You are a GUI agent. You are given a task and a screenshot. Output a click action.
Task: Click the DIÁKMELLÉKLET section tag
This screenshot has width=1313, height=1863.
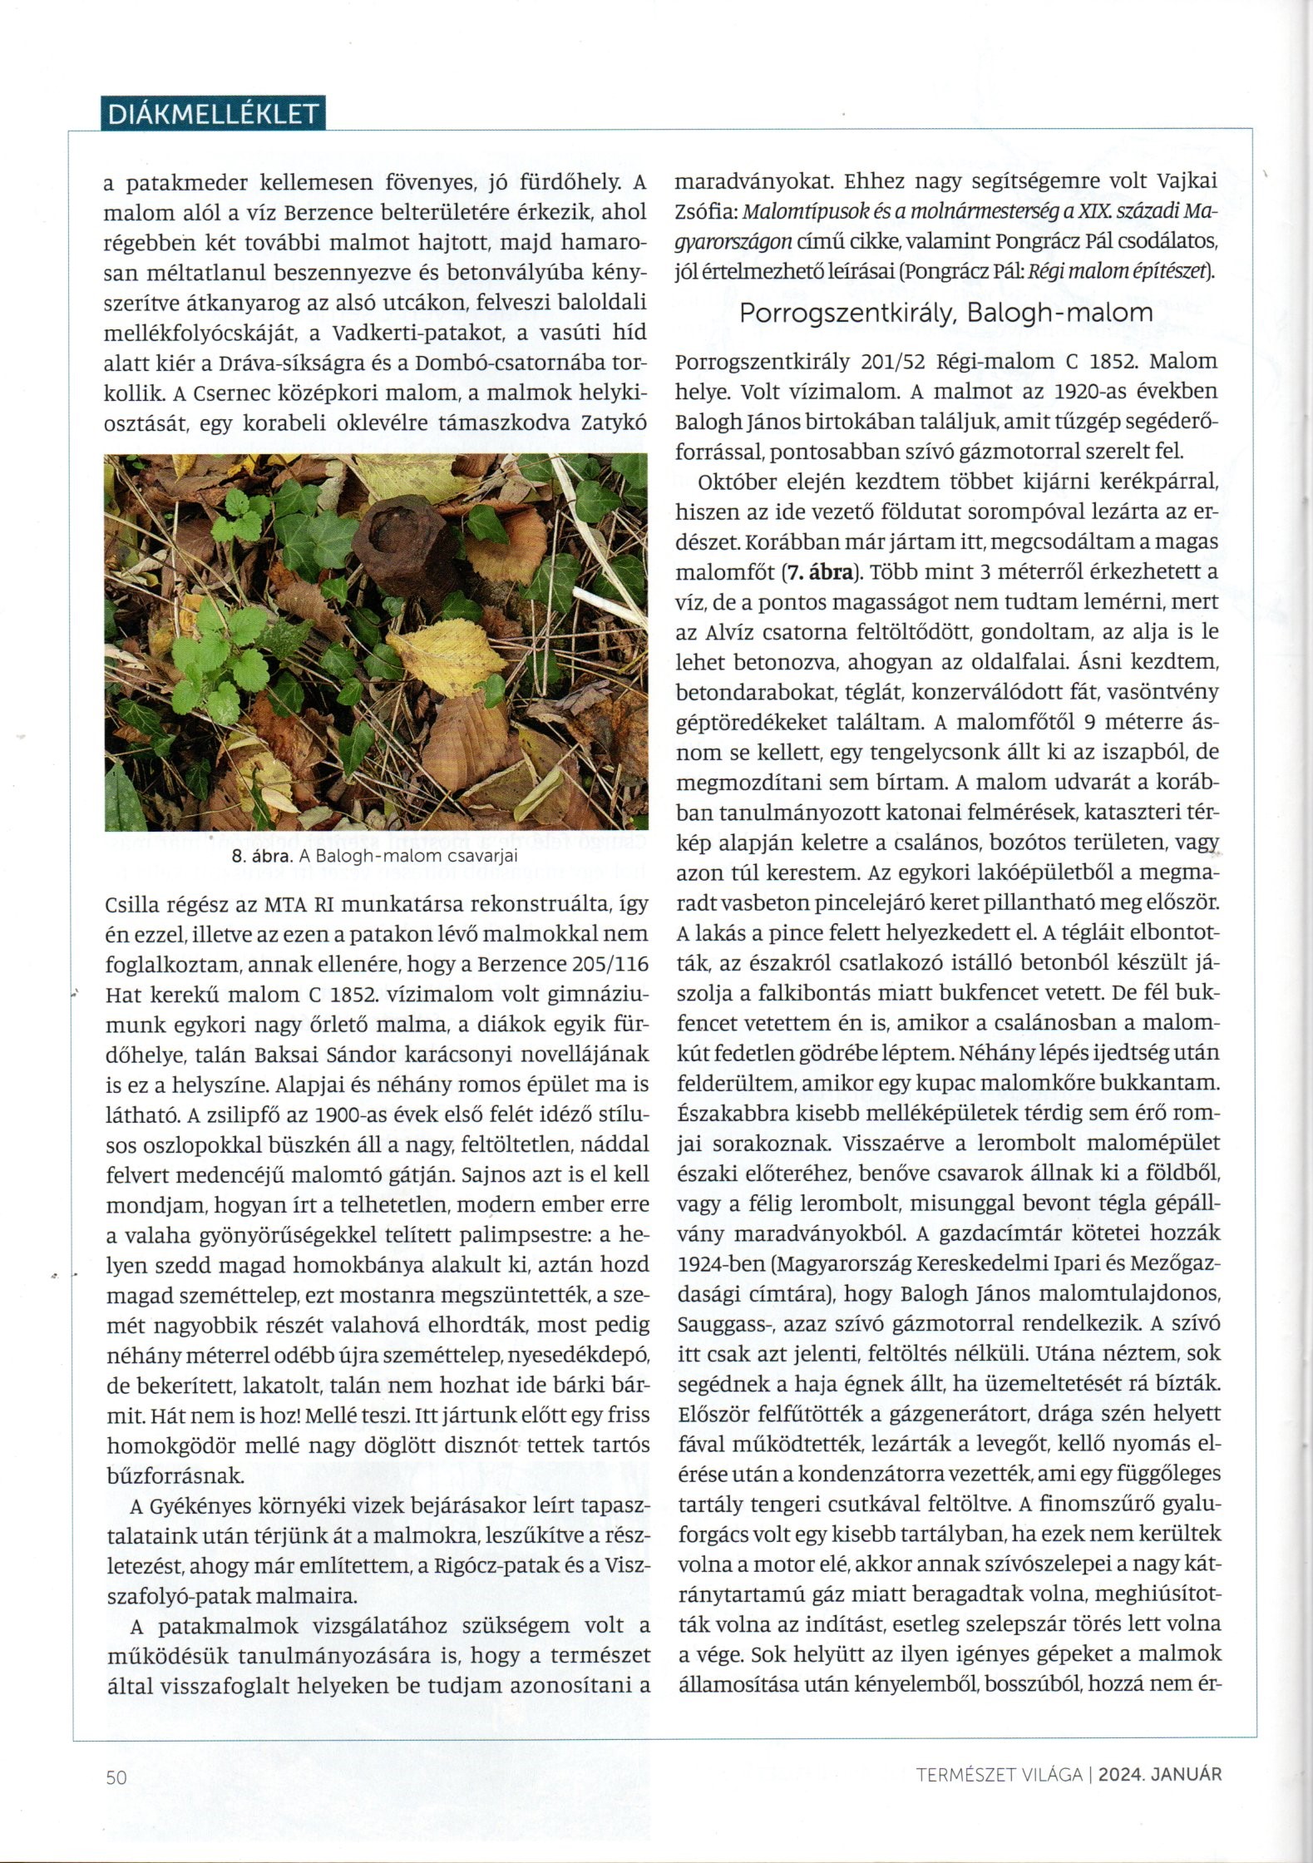(x=212, y=114)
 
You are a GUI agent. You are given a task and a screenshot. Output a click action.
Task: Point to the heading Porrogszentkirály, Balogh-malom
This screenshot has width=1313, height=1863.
(x=946, y=313)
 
